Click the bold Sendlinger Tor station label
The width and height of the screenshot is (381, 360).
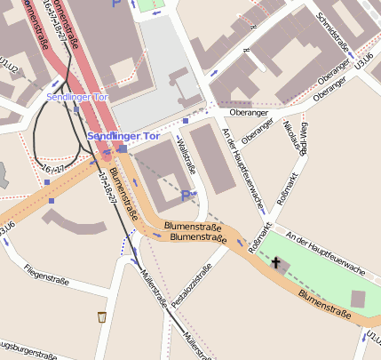[123, 137]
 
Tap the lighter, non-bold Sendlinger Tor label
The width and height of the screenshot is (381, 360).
[77, 96]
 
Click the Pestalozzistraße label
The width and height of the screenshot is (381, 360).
[193, 287]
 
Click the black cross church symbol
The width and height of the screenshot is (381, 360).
[276, 263]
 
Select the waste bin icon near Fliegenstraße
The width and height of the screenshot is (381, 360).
[102, 316]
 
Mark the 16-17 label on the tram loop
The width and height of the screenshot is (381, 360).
[53, 167]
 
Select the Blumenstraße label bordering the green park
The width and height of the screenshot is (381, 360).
[326, 301]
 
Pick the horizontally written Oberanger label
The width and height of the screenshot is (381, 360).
[248, 113]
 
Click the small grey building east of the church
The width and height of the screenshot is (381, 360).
[358, 299]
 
